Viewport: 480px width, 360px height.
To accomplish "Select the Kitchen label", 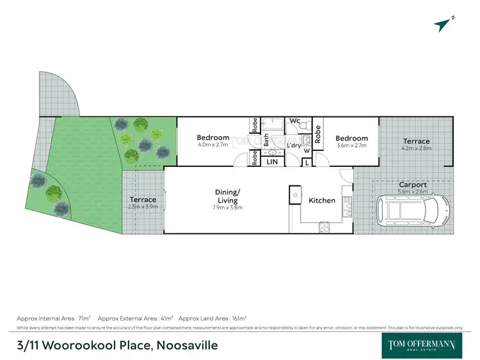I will coord(322,200).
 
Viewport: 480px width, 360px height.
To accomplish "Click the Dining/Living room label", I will coord(228,195).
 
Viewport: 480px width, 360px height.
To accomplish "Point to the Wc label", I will coord(295,121).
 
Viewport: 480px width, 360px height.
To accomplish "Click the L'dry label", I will coord(294,145).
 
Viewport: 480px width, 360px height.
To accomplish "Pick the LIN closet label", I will coord(272,162).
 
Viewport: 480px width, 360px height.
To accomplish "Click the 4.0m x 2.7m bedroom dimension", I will coord(213,145).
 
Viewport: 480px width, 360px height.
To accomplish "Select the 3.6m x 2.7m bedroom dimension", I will coord(351,146).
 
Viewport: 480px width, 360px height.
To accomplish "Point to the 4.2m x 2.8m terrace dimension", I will coord(417,148).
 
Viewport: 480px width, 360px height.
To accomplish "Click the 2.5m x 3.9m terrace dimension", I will coord(143,207).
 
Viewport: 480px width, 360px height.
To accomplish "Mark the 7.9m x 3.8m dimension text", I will coord(228,207).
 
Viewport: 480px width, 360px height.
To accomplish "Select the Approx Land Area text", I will coord(212,318).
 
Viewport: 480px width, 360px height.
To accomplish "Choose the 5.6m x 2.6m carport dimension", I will coord(412,191).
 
